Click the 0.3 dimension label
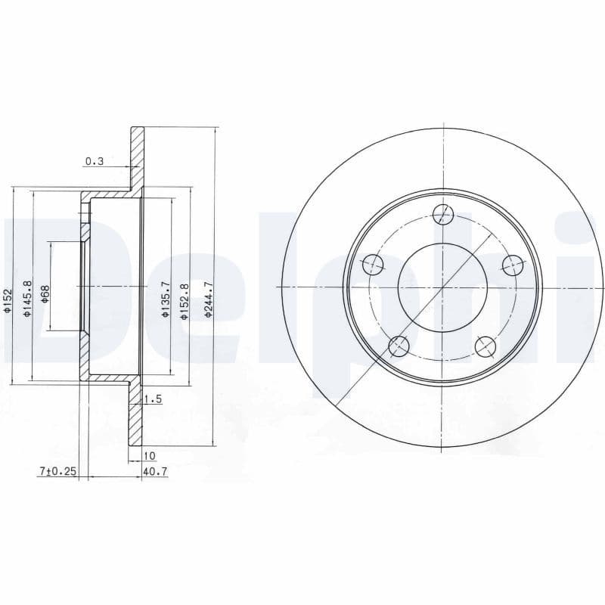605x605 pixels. point(94,161)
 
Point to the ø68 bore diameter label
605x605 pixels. point(45,293)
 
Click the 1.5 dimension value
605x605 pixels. point(153,399)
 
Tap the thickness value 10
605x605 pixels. point(149,455)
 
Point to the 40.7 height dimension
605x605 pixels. point(154,470)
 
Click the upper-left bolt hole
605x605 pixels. point(373,265)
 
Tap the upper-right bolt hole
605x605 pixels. point(513,265)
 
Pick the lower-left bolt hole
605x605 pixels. point(399,346)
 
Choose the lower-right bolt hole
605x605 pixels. point(486,346)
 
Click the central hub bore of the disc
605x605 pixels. point(443,287)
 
